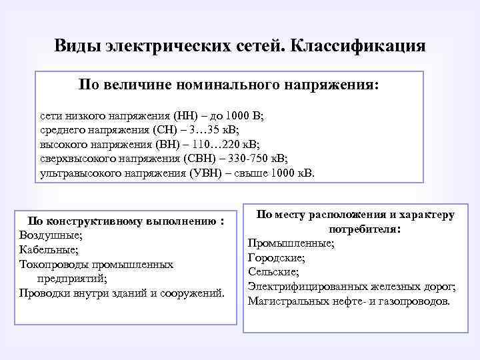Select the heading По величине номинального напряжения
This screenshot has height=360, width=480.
pyautogui.click(x=228, y=85)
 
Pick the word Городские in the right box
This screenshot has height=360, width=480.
pyautogui.click(x=276, y=257)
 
